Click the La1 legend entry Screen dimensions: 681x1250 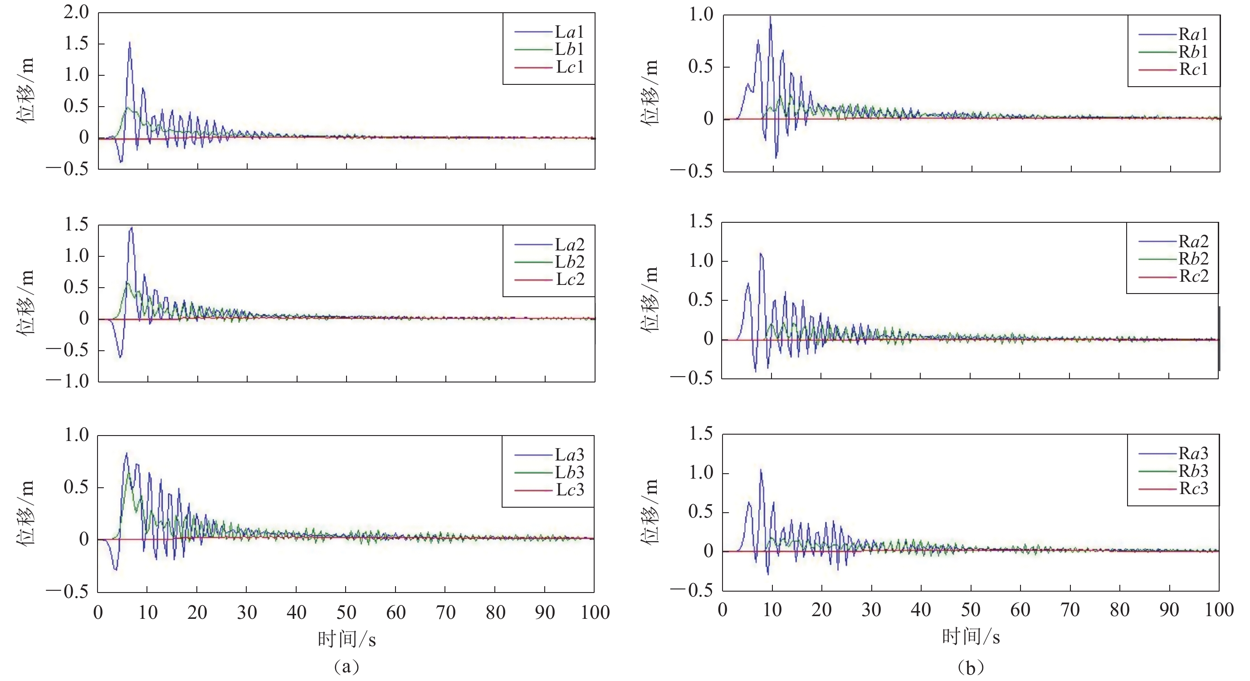click(x=569, y=32)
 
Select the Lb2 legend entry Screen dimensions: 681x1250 click(x=569, y=262)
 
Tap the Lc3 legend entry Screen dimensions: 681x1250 click(x=569, y=490)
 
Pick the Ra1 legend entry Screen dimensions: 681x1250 click(x=1193, y=34)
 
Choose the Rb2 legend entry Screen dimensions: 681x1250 click(x=1193, y=259)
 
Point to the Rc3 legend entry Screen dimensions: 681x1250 click(x=1193, y=488)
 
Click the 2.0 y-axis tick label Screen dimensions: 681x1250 click(x=76, y=12)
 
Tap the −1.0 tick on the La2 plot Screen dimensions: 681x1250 click(x=68, y=381)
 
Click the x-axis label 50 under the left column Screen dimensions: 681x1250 click(x=346, y=612)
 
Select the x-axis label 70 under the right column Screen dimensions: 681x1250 click(x=1070, y=610)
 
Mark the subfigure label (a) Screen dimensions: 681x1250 click(x=347, y=666)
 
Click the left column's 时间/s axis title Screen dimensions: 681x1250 click(x=347, y=639)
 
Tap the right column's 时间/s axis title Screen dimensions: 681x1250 click(x=971, y=637)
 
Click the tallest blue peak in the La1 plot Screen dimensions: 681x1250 click(x=130, y=43)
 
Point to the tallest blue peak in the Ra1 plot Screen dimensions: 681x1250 click(x=770, y=17)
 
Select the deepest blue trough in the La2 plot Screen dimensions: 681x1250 click(x=120, y=357)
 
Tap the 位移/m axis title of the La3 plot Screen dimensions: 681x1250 click(x=26, y=512)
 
